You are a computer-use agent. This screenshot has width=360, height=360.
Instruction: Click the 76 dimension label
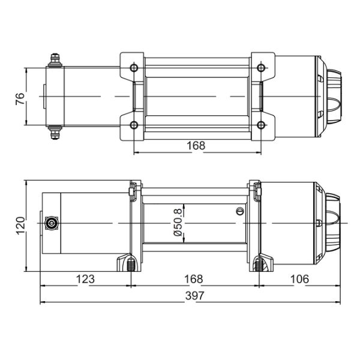click(x=20, y=99)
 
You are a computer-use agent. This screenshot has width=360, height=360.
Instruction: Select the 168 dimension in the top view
click(x=196, y=146)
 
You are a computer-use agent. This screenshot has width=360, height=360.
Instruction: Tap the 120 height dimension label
click(x=20, y=226)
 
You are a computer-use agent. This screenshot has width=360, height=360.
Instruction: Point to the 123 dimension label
click(x=85, y=279)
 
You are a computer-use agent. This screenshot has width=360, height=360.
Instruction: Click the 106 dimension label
click(x=299, y=279)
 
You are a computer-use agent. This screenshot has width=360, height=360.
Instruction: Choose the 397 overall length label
click(x=194, y=296)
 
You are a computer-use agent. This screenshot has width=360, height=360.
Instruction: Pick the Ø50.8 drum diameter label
click(x=178, y=223)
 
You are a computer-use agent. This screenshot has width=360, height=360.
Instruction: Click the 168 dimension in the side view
click(x=194, y=279)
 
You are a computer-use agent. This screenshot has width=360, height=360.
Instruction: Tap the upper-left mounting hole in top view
click(x=134, y=68)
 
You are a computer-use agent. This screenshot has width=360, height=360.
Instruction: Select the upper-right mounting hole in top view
click(x=261, y=68)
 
